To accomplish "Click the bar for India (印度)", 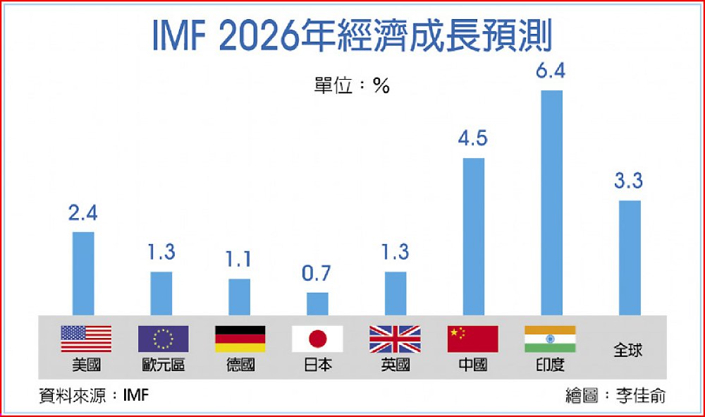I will coord(551,203).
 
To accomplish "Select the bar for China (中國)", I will coord(473,236).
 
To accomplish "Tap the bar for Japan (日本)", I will coord(317,303).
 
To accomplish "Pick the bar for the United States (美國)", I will coord(83,273).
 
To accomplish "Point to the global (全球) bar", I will coord(629,258).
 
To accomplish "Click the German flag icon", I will coord(240,339).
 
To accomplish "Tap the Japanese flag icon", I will coord(317,339).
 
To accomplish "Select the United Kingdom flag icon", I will coord(395,339).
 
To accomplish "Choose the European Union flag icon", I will coord(163,339).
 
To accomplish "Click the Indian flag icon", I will coord(550,339).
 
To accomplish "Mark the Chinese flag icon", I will coord(472,339).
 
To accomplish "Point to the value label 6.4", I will coord(551,72).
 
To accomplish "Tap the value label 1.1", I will coord(239,260).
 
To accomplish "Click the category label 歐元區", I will coord(163,365).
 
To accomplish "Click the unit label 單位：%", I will coord(352,86).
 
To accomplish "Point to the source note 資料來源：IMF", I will coord(94,395).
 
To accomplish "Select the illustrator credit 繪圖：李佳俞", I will coord(615,395).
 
